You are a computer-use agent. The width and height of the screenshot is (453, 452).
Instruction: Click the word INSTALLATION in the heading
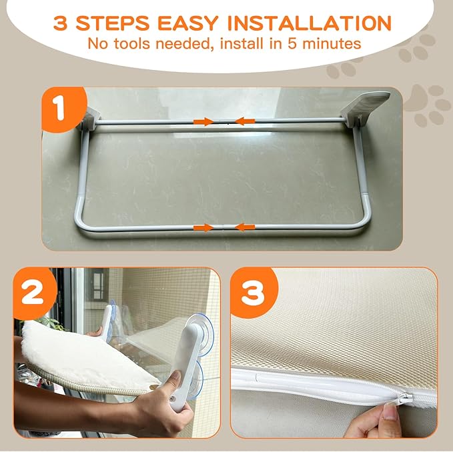coord(310,23)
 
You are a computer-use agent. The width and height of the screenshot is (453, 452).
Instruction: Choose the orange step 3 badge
coord(252,291)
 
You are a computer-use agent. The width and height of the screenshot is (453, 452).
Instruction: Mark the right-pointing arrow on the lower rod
coord(202,228)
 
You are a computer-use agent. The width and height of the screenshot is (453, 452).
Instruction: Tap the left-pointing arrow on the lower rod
coord(245,228)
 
